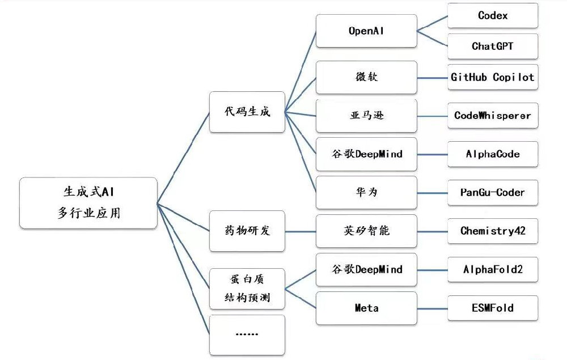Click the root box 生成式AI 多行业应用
88,203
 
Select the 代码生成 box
247,112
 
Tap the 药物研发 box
247,231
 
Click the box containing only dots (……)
247,334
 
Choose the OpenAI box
366,31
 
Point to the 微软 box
366,77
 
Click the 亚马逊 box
366,116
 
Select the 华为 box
366,193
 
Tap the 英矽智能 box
366,231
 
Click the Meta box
366,308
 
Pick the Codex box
492,16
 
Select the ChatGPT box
492,46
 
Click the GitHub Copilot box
492,77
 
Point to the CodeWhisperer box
492,116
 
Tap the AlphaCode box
492,154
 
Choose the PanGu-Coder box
492,193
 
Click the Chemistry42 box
492,231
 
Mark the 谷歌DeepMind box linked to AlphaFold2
366,270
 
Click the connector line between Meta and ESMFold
432,308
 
